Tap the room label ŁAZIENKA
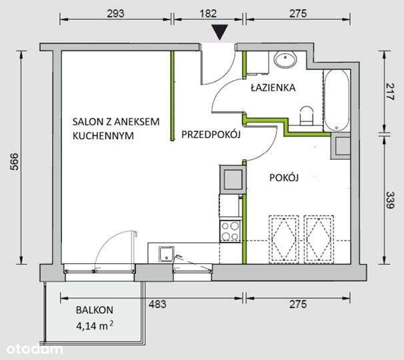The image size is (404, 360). tap(273, 87)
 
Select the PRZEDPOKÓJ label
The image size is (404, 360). tap(211, 135)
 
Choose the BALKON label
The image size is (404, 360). tap(94, 309)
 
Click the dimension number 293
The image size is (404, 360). tap(115, 11)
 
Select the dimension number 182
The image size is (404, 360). tap(203, 11)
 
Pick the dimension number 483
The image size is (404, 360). tap(157, 305)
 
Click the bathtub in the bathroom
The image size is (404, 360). tap(335, 101)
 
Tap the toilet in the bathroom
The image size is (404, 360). tap(307, 115)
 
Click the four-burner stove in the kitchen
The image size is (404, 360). tap(231, 231)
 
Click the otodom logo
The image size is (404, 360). tap(35, 349)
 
